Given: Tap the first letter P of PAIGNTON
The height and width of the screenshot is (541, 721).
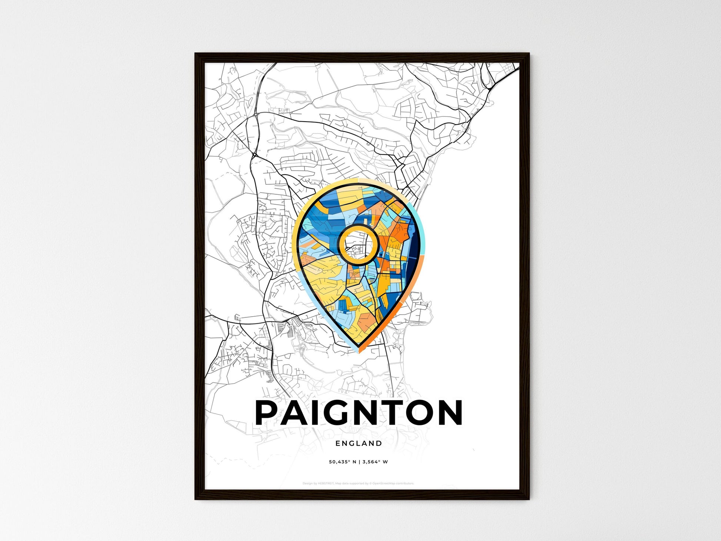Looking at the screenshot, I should pyautogui.click(x=268, y=412).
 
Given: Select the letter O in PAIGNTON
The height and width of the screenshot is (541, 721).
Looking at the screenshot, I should pyautogui.click(x=419, y=412).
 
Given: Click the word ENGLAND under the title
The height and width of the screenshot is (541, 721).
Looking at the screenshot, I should pyautogui.click(x=359, y=443).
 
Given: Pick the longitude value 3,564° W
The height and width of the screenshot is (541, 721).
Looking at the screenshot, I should pyautogui.click(x=375, y=462).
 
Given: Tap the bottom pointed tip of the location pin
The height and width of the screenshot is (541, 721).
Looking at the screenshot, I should pyautogui.click(x=359, y=350).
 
